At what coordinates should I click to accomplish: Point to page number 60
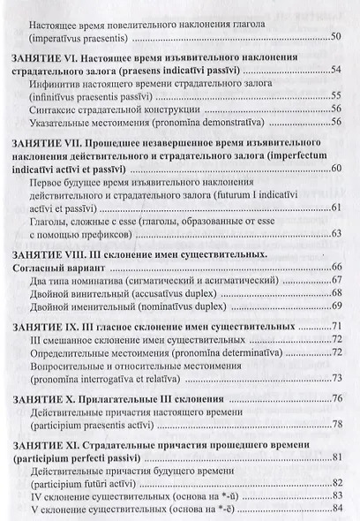point(335,168)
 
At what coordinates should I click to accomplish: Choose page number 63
point(335,233)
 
